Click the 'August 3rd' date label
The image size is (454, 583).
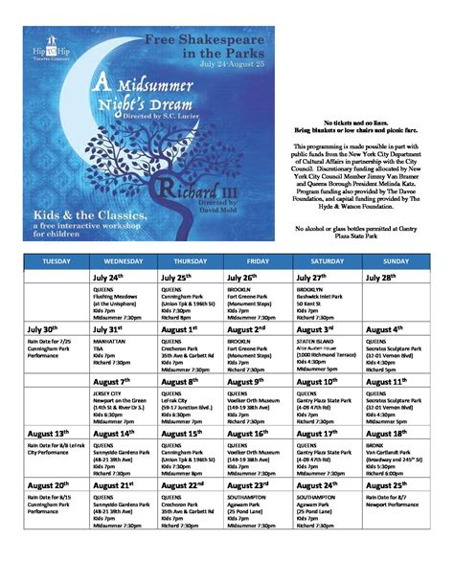pos(317,328)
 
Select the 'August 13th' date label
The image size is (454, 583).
pos(51,433)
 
